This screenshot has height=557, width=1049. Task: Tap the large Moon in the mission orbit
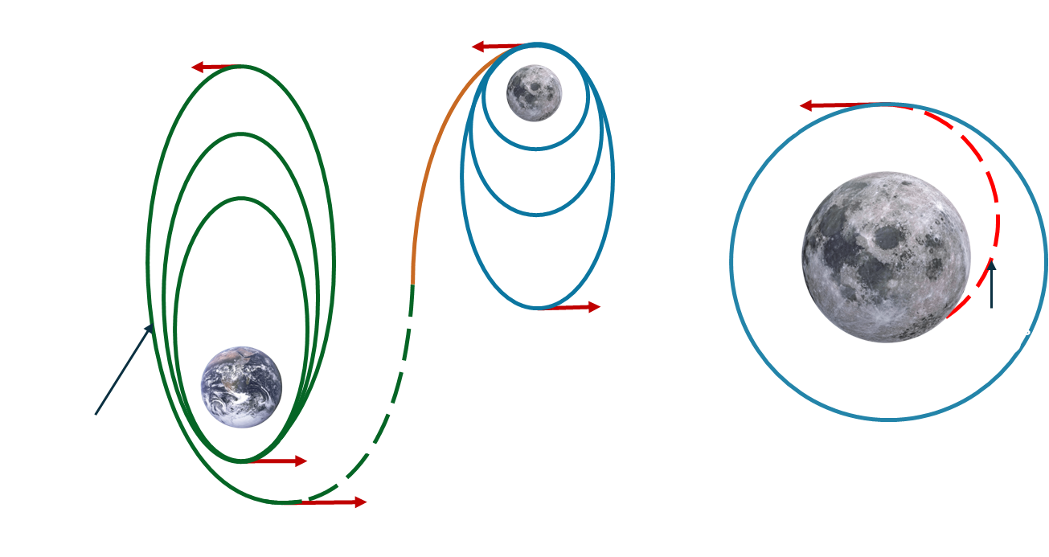(x=884, y=245)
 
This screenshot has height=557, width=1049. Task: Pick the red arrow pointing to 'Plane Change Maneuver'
(x=572, y=307)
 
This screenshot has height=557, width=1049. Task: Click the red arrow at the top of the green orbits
(x=214, y=68)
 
